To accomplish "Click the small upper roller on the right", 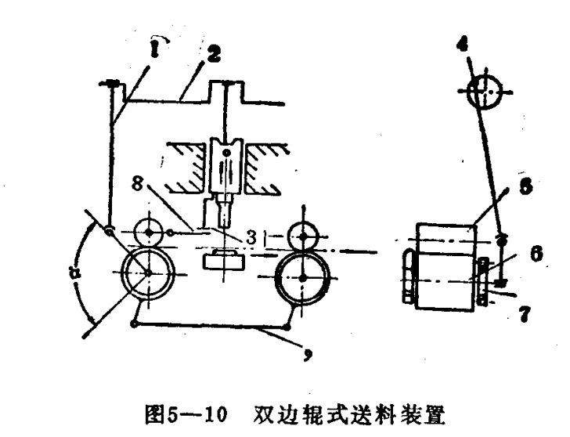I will pos(303,234).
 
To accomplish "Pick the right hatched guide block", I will pos(265,164).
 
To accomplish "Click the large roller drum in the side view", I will pos(443,265).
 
